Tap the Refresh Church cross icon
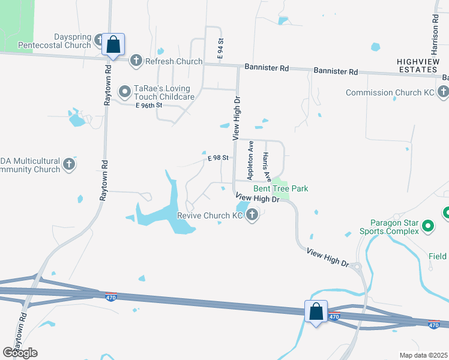(136, 61)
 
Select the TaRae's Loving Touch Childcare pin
(125, 92)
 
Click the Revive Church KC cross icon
(253, 214)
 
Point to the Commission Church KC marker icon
(443, 92)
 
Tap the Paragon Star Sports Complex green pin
(428, 226)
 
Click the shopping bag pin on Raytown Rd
(113, 44)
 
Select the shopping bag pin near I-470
(316, 311)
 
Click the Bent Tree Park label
(285, 188)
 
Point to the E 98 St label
(218, 158)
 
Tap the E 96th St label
(149, 105)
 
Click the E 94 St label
(221, 49)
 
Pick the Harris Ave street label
(267, 166)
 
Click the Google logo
(20, 352)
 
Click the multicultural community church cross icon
(69, 164)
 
